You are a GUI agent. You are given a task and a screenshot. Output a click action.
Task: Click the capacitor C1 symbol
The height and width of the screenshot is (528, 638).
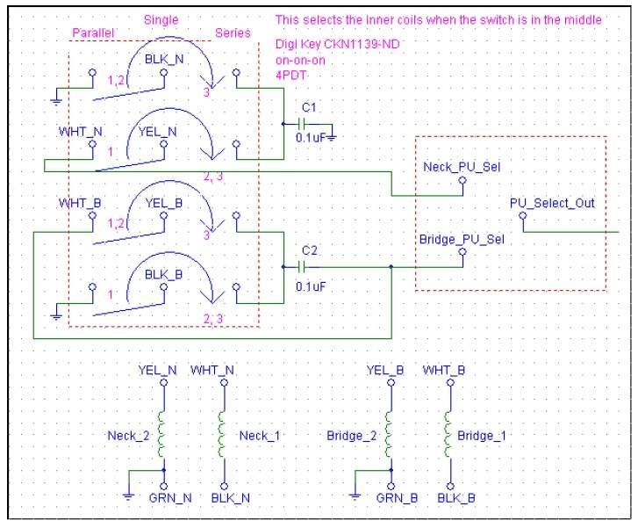click(x=302, y=124)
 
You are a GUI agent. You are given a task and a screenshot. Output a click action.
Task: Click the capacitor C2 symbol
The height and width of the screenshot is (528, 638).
click(x=302, y=267)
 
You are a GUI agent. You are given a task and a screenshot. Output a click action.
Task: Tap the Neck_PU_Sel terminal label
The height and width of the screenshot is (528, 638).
click(x=462, y=167)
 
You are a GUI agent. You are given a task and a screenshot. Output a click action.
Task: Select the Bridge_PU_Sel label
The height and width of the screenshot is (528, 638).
click(x=462, y=239)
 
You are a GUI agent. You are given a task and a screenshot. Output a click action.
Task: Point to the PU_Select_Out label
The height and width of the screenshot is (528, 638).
click(x=552, y=203)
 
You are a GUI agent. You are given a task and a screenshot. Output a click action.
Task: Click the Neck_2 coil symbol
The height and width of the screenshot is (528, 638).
click(x=161, y=434)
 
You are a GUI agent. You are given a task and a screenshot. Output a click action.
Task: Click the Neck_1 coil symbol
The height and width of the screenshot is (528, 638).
click(x=222, y=434)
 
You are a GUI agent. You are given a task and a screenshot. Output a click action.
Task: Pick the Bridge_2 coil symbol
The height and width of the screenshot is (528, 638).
click(x=389, y=434)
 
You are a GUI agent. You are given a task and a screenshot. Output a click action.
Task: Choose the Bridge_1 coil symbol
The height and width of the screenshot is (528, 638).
click(x=448, y=434)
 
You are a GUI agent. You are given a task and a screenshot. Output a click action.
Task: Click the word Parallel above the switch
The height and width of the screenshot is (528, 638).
click(x=93, y=33)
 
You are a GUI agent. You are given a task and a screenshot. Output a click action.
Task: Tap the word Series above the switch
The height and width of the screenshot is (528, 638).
click(x=233, y=33)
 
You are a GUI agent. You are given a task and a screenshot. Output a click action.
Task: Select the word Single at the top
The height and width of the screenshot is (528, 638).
click(x=161, y=20)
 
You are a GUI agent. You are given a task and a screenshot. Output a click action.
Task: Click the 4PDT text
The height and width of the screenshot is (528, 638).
click(x=291, y=76)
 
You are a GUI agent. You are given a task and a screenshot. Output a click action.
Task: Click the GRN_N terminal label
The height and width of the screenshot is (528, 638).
click(x=170, y=498)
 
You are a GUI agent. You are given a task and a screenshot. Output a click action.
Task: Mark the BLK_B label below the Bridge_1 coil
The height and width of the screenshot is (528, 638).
click(x=456, y=498)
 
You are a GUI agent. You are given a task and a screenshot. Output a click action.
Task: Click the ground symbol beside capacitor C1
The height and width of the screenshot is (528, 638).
click(x=332, y=138)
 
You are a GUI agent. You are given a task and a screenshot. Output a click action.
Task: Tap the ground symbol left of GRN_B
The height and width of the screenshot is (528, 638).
click(x=355, y=496)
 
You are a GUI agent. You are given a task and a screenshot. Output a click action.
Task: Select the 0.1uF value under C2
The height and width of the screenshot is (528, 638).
click(x=311, y=286)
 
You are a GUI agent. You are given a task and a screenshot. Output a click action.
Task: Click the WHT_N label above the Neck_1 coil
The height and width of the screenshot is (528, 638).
click(x=212, y=371)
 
